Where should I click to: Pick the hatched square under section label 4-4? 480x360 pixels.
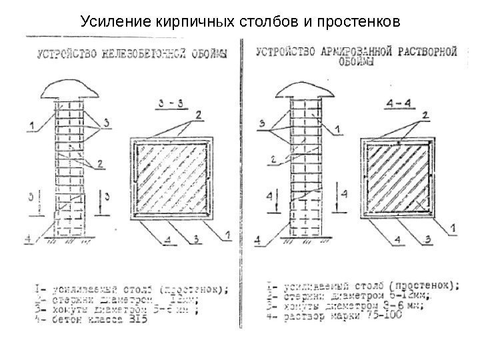coord(396,177)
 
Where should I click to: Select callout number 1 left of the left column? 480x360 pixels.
coord(31,123)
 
